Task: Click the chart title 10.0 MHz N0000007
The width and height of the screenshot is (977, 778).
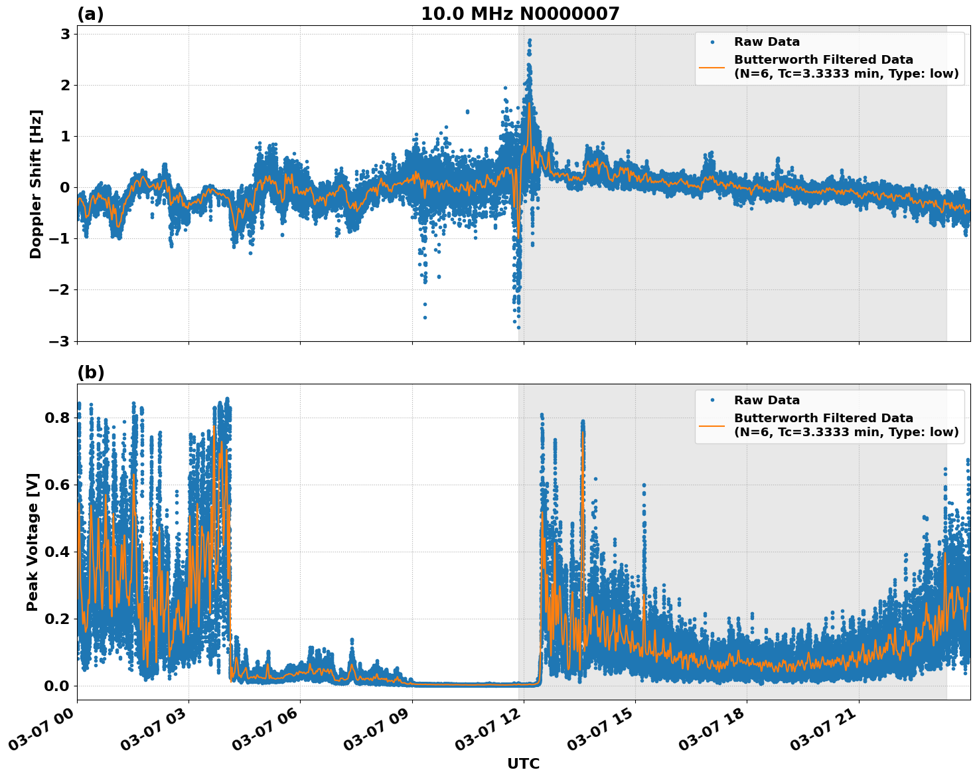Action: (520, 14)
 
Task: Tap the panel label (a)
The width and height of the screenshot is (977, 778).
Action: (90, 14)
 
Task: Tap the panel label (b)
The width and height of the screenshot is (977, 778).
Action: (90, 372)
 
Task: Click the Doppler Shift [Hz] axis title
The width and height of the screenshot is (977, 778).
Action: (36, 184)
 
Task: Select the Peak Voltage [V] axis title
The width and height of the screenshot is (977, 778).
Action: (33, 542)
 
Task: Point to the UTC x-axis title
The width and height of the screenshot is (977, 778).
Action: (523, 763)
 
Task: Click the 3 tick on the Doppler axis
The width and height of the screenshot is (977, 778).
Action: (65, 35)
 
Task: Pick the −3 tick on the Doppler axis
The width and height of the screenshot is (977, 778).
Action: (60, 341)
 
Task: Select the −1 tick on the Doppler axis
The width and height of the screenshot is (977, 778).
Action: (60, 239)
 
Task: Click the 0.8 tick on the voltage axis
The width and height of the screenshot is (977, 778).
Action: (57, 418)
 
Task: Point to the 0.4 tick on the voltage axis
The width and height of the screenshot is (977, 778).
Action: (57, 552)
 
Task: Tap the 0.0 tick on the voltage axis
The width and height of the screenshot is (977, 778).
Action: (57, 686)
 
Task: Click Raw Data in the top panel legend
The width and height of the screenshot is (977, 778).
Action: (767, 42)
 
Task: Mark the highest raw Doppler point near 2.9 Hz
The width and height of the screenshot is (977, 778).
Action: (529, 40)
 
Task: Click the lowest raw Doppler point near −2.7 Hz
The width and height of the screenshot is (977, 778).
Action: (518, 327)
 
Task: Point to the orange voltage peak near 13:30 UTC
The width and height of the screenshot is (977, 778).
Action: (582, 433)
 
